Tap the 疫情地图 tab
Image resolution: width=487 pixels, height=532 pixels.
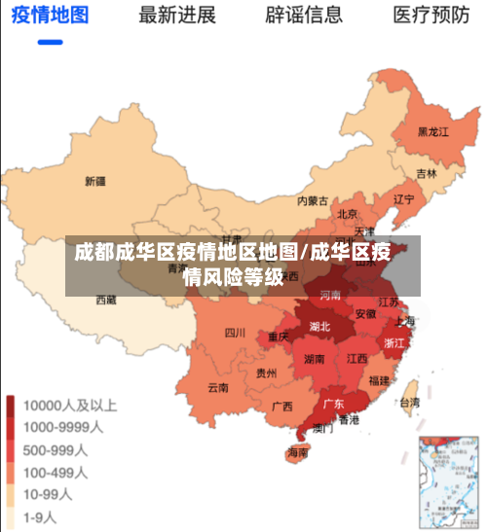(x=50, y=16)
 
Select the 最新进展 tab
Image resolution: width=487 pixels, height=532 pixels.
(x=176, y=16)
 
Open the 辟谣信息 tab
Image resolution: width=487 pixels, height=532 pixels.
(x=304, y=16)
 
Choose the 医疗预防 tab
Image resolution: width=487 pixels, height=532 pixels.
(x=431, y=16)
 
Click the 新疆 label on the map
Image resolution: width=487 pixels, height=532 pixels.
(x=94, y=181)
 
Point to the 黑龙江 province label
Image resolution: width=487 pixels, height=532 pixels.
(x=432, y=131)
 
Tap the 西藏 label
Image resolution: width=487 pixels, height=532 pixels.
(x=105, y=301)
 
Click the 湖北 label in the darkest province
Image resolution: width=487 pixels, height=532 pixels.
(x=319, y=326)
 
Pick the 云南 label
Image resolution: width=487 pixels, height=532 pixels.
(x=217, y=387)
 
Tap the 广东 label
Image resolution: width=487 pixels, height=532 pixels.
(x=333, y=403)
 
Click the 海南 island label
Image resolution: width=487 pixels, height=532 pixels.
(x=297, y=452)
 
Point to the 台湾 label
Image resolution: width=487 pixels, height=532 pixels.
(x=410, y=402)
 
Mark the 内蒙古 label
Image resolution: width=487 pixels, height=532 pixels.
(x=313, y=201)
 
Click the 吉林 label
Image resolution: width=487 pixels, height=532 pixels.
(x=427, y=174)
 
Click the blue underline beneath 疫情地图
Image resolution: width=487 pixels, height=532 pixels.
(x=50, y=42)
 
